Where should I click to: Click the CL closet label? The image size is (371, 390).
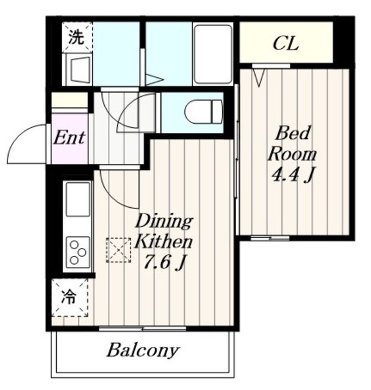coord(286,44)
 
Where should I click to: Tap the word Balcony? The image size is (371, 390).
coord(143,351)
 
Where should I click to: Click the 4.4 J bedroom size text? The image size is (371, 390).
coord(292,175)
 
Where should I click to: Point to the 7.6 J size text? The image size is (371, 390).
coord(164,263)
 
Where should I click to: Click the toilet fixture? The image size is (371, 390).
coord(203,112)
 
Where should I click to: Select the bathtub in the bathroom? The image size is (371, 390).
coord(213,54)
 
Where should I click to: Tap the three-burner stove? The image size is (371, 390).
coord(77,252)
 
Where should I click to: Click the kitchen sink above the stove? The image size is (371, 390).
coord(78,199)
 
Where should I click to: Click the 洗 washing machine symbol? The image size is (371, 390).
coord(77,37)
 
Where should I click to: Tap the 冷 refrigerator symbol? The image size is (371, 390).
coord(70,298)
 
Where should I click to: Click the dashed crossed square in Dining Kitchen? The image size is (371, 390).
coord(118,250)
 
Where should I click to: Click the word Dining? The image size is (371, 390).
coord(164,221)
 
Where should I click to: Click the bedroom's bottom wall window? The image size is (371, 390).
coord(270,238)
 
